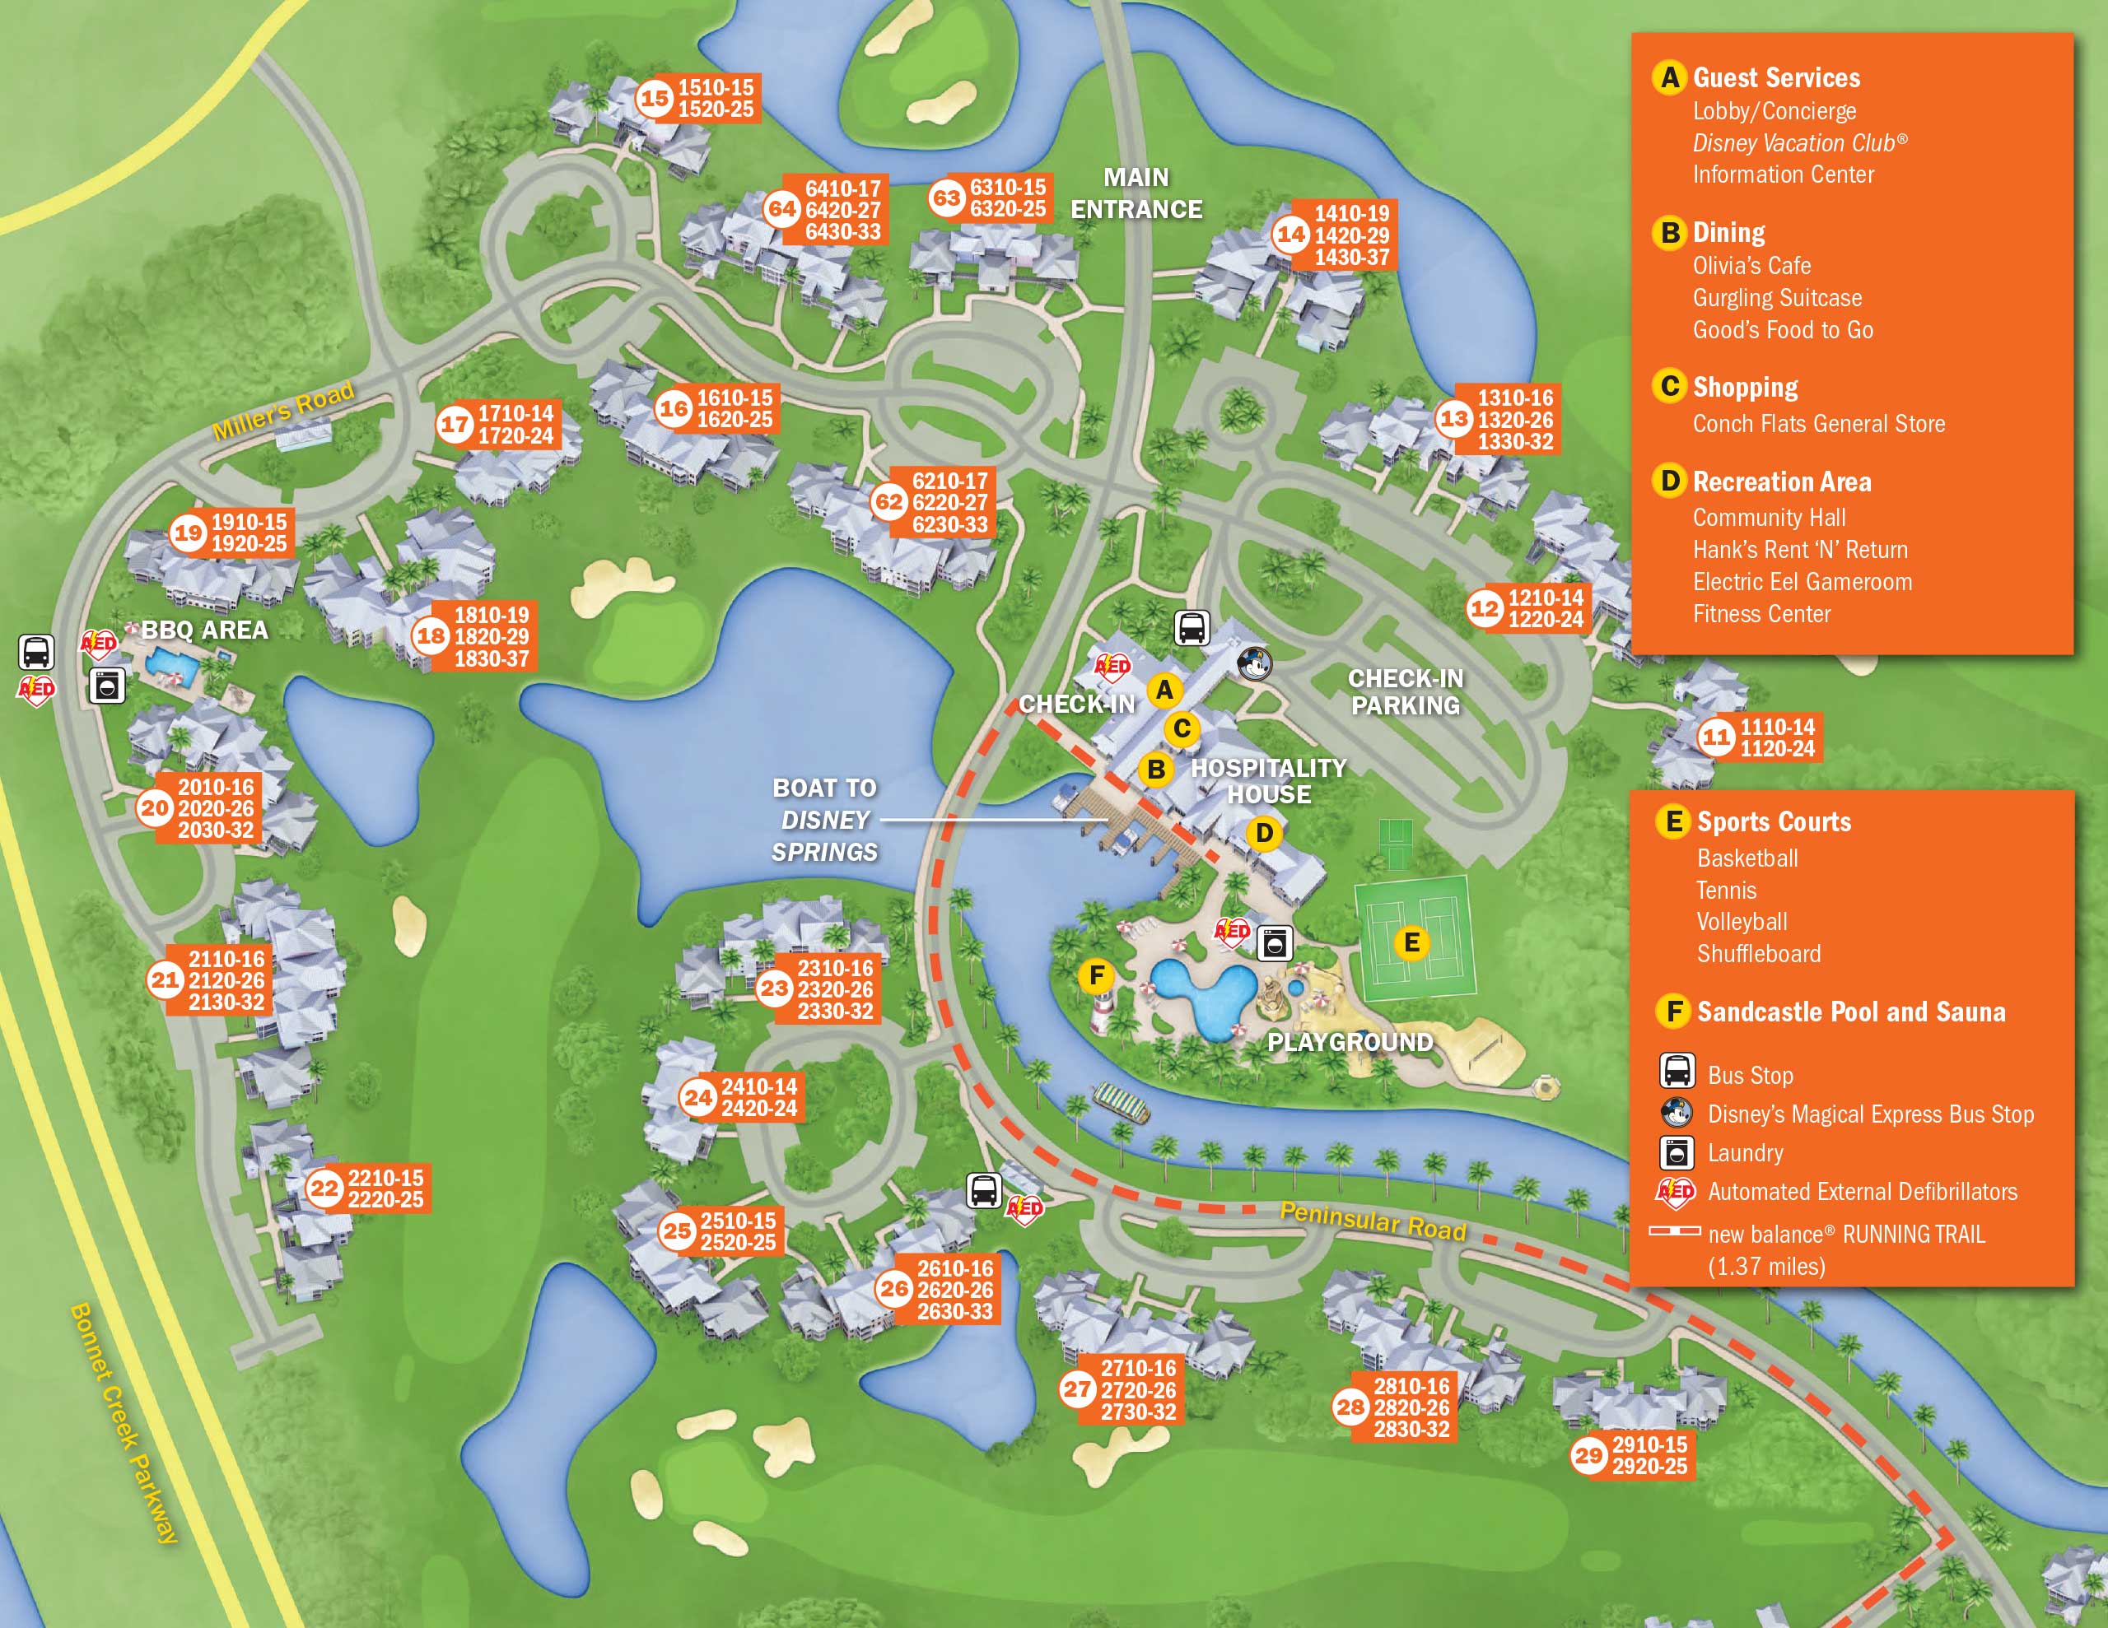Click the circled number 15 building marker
click(x=655, y=97)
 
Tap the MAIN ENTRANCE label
click(x=1136, y=193)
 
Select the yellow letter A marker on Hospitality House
click(x=1165, y=690)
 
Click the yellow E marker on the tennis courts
click(x=1411, y=943)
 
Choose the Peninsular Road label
click(x=1373, y=1221)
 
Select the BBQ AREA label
click(x=204, y=630)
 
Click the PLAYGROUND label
click(x=1350, y=1042)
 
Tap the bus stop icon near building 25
click(x=983, y=1190)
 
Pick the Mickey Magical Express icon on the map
click(x=1255, y=663)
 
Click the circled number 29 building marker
click(x=1588, y=1455)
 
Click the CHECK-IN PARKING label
click(x=1406, y=692)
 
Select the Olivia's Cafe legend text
click(x=1751, y=265)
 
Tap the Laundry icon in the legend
click(x=1677, y=1152)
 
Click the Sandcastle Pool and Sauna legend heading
click(x=1850, y=1012)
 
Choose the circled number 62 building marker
click(x=889, y=502)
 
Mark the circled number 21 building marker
click(x=165, y=980)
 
